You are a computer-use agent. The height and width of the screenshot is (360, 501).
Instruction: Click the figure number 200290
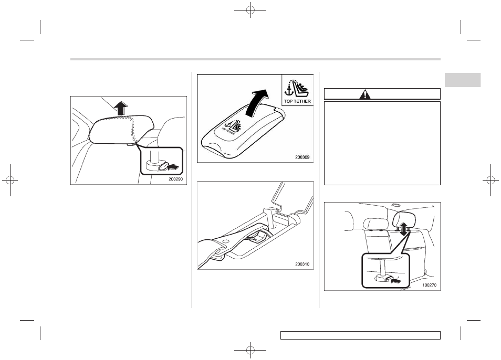click(176, 179)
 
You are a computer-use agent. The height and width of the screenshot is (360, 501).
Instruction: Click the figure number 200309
click(302, 157)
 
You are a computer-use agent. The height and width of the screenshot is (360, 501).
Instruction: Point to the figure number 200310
click(302, 264)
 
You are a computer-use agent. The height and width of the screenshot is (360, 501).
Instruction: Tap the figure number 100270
click(429, 285)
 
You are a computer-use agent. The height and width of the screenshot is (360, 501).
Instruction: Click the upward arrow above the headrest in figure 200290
click(120, 108)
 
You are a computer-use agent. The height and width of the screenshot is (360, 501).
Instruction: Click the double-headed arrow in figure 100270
click(404, 229)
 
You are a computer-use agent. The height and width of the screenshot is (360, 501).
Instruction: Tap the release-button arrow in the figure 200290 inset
click(173, 166)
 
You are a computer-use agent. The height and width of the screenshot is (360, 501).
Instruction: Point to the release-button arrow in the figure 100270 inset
click(395, 281)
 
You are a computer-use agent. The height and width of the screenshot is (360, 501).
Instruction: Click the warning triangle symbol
click(364, 94)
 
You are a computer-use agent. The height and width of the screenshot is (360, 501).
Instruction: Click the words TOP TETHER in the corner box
click(297, 101)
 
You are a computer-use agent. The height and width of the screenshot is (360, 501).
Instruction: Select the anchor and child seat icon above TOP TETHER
click(297, 88)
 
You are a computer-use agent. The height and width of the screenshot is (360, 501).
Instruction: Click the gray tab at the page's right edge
click(463, 80)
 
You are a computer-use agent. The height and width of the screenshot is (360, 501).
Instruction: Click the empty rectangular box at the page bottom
click(360, 335)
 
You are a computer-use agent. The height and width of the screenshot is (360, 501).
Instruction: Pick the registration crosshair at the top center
click(250, 10)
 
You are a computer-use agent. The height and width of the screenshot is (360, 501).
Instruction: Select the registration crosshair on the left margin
click(10, 181)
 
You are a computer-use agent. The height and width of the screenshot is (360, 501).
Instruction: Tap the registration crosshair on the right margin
click(491, 181)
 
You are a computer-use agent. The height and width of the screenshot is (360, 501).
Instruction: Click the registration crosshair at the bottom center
click(250, 350)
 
